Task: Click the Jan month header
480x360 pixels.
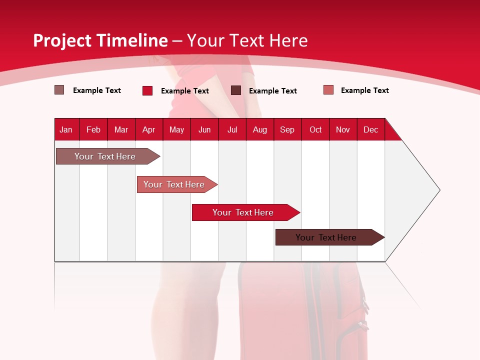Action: [66, 129]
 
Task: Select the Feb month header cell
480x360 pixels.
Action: [93, 129]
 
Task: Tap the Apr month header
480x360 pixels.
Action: [149, 129]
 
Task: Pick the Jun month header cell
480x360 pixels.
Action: [204, 129]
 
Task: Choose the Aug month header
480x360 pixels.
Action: [260, 129]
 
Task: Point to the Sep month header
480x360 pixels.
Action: [287, 129]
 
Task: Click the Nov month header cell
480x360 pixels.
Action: [343, 129]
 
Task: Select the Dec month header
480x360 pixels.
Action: [371, 129]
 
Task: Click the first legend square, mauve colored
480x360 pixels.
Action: [59, 90]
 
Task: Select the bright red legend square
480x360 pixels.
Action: [147, 90]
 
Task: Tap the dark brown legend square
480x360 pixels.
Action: [236, 90]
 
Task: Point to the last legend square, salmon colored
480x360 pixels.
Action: [328, 90]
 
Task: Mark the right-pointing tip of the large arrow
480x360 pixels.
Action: [438, 190]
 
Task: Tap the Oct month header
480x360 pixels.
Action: [315, 129]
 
